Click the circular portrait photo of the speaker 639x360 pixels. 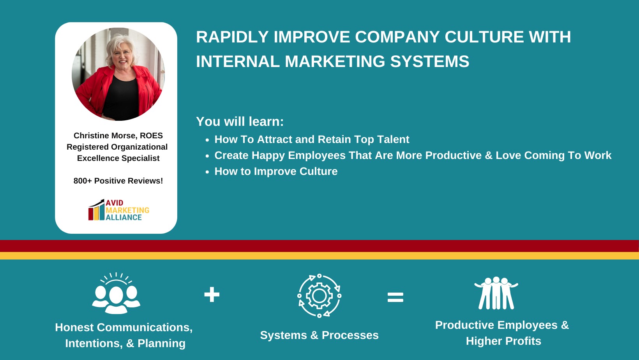tap(118, 74)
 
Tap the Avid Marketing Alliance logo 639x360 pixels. tap(119, 210)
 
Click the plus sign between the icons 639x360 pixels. tap(212, 295)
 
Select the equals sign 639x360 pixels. tap(395, 297)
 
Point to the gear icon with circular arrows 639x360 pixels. tap(319, 296)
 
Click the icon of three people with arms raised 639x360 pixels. tap(496, 293)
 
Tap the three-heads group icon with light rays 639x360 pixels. tap(116, 293)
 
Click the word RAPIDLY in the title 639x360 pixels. tap(232, 37)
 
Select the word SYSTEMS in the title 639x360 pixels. tap(430, 61)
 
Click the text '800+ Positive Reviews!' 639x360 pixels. tap(118, 181)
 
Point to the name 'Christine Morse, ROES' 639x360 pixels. tap(118, 136)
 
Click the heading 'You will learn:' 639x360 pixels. tap(240, 122)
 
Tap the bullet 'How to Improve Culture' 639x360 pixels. tap(276, 171)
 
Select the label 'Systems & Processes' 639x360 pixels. tap(319, 335)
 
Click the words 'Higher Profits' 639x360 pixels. tap(503, 341)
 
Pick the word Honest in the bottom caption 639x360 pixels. tap(74, 328)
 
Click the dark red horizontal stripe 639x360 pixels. tap(319, 246)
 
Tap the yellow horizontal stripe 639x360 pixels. tap(319, 256)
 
